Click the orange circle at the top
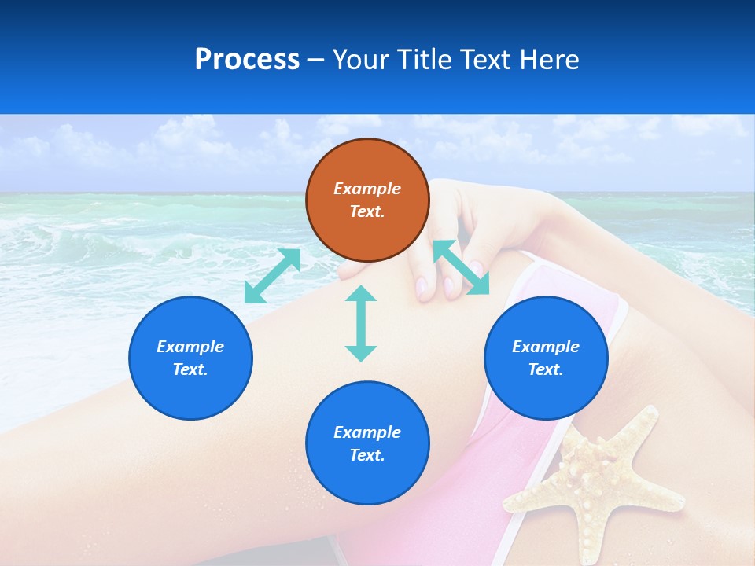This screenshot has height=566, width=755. click(x=367, y=200)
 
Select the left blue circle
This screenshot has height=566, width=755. click(x=190, y=358)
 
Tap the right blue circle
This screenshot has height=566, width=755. click(x=546, y=358)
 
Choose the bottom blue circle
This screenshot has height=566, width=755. click(x=367, y=443)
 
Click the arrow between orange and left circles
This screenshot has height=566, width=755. click(x=272, y=276)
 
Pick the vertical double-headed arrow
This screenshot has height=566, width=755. click(x=361, y=323)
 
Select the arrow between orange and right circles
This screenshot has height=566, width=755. click(x=461, y=267)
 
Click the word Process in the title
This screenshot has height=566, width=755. click(x=247, y=59)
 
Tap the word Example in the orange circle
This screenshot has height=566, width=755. click(x=367, y=189)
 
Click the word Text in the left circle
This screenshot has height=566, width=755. click(x=190, y=369)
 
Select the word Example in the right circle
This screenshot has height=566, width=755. click(x=546, y=347)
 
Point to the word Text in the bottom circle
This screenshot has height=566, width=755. click(x=367, y=455)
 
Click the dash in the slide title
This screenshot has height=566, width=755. click(x=315, y=60)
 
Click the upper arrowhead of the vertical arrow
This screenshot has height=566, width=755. click(x=361, y=294)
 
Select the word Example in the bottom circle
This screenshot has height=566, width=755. click(x=367, y=432)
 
